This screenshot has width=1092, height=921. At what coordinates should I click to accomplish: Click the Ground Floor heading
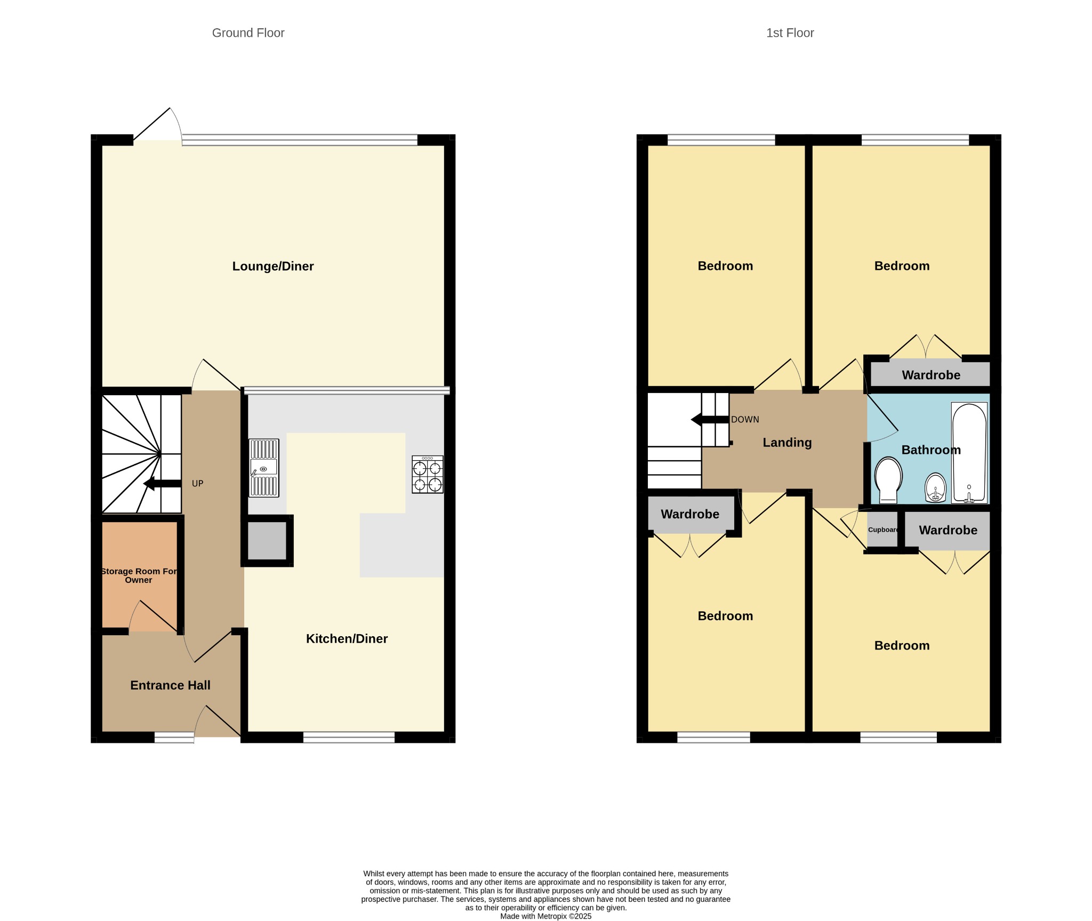248,33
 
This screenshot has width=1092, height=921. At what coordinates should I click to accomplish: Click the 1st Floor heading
790,33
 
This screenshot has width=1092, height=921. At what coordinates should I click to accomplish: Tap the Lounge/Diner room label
273,266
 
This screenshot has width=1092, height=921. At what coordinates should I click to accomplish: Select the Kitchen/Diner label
347,638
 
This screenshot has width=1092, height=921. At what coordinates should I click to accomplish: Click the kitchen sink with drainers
264,468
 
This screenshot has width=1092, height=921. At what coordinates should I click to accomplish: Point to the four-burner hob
428,474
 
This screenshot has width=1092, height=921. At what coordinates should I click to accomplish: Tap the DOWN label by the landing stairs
745,420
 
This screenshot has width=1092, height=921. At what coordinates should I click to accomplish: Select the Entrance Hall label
170,685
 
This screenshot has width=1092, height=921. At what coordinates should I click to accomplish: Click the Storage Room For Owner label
139,575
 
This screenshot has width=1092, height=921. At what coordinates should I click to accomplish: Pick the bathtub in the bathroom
969,453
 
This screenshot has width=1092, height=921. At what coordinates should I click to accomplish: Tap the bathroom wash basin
936,487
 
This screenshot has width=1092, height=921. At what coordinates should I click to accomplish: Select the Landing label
787,443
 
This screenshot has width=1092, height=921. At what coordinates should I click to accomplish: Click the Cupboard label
883,530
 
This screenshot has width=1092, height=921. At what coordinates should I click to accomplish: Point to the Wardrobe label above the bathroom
931,375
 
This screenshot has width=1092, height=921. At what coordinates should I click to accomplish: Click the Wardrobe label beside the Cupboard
948,530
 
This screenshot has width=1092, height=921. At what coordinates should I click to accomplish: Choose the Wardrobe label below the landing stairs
690,514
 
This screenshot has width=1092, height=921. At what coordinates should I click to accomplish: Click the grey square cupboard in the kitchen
267,540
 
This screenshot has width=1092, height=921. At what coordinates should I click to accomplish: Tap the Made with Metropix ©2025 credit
545,916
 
